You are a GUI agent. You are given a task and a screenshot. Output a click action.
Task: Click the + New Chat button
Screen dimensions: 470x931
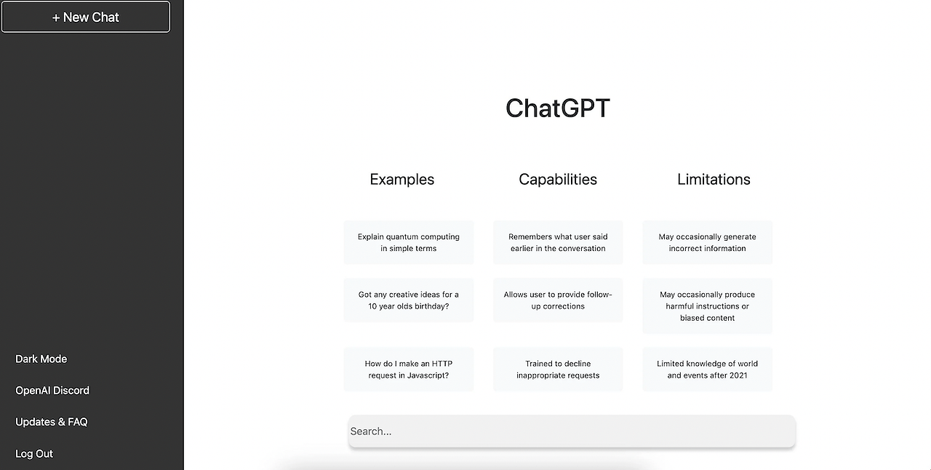click(86, 17)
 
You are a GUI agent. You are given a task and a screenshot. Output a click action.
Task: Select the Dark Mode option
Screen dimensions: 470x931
click(41, 359)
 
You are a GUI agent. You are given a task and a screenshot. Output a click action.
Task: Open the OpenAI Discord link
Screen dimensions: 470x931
click(52, 391)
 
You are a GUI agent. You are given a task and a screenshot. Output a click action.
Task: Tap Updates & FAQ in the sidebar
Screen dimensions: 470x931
click(52, 422)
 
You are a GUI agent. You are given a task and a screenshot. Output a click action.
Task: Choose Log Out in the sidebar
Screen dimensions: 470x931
click(34, 454)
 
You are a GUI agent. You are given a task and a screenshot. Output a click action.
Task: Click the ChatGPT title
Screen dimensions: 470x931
click(558, 108)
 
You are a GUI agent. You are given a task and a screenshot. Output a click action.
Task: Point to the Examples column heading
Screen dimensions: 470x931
click(402, 180)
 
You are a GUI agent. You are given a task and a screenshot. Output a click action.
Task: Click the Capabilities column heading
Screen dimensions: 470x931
click(558, 180)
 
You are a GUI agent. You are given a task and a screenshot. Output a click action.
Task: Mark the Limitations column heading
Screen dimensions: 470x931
click(714, 180)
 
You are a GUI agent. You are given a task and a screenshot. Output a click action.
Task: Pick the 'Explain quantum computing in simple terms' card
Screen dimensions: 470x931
click(409, 242)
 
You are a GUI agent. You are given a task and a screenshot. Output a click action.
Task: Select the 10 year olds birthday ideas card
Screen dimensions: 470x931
click(409, 300)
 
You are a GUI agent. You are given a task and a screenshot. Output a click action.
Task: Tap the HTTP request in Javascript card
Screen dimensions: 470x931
click(409, 370)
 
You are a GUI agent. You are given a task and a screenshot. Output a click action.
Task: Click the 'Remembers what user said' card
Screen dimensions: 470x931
click(558, 242)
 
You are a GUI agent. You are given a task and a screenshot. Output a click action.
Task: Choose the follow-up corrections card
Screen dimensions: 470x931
click(558, 300)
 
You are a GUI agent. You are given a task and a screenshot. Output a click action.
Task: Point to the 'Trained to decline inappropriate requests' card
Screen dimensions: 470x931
click(558, 370)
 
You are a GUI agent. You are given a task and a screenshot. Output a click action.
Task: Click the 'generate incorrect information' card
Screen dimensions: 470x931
click(707, 242)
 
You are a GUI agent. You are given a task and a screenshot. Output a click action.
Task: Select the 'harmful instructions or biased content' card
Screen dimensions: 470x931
click(707, 306)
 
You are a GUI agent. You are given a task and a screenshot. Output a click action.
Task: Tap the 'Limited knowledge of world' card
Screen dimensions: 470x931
click(707, 370)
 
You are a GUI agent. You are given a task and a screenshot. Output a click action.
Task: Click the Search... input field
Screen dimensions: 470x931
click(572, 431)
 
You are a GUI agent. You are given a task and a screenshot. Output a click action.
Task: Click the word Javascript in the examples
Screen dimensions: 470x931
click(428, 375)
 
